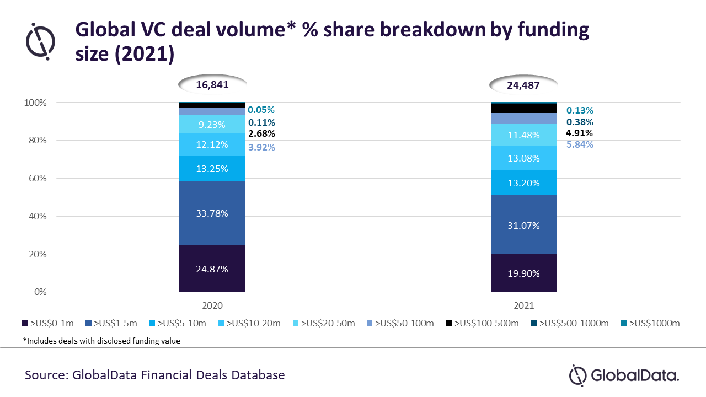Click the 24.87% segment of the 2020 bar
coord(212,269)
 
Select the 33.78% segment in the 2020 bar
coord(212,213)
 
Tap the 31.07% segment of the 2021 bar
coord(524,225)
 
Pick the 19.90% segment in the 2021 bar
coord(524,273)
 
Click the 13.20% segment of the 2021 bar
coord(524,183)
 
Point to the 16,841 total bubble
coord(212,85)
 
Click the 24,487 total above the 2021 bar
coord(524,85)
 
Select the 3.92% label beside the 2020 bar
coord(261,147)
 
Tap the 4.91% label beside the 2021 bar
coord(579,133)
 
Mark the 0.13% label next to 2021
coord(579,110)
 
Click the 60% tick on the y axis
coord(36,179)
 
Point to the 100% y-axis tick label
coord(34,103)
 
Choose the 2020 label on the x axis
coord(212,305)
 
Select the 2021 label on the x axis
coord(524,305)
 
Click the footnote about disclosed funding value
coord(101,341)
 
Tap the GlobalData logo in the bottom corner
coord(624,376)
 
